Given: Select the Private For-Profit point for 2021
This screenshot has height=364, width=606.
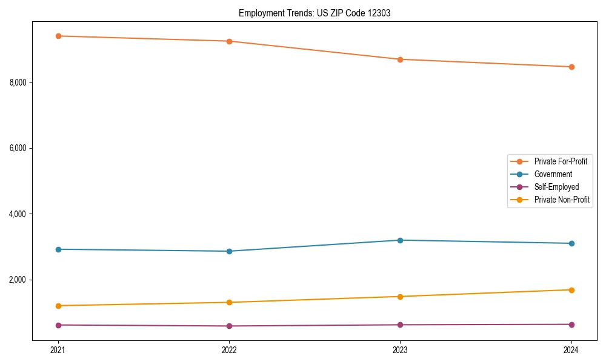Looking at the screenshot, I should point(58,36).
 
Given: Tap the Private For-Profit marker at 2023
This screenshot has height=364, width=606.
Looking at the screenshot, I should point(400,59).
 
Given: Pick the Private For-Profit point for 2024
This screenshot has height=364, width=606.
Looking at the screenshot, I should point(571,67).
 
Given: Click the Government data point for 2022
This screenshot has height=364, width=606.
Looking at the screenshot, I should point(229,251).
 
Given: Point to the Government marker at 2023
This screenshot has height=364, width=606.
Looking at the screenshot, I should point(400,240).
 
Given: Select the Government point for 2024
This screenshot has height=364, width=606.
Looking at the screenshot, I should point(571,243).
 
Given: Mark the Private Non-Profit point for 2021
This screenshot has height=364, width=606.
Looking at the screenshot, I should point(58,306).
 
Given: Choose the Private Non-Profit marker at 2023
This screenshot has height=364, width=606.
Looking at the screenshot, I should point(400,297).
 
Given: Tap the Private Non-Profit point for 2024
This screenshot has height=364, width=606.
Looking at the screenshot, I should point(571,290).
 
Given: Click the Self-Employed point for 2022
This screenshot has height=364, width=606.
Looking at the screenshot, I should point(229,326).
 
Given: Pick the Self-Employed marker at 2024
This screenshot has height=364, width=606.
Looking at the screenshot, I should point(571,325).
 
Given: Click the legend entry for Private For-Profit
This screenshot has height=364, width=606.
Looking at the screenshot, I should point(560,161).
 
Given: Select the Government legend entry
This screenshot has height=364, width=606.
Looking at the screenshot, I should point(553,174).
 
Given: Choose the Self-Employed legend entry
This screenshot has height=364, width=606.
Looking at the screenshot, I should point(556,187).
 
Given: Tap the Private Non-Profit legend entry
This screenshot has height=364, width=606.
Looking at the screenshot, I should point(562,200).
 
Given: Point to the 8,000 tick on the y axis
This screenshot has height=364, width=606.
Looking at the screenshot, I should point(21,82).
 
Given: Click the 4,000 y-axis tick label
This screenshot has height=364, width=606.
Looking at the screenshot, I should point(21,214).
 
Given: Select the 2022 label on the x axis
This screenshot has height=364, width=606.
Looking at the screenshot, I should point(229,350).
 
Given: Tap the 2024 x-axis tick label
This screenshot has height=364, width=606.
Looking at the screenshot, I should point(571,350).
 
